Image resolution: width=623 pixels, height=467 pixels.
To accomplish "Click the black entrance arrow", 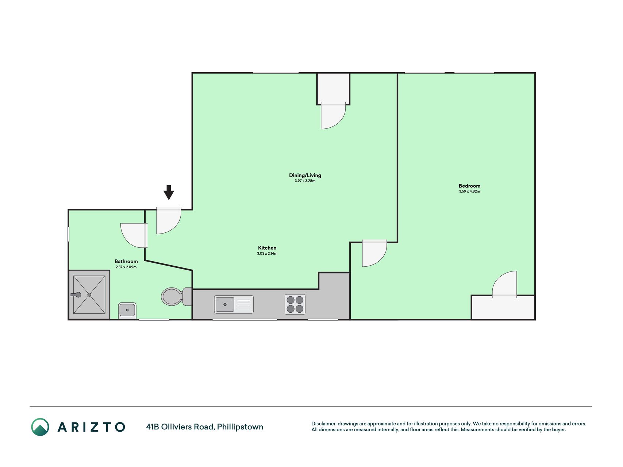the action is (169, 192).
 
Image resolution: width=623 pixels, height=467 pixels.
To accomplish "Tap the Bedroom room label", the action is (469, 186).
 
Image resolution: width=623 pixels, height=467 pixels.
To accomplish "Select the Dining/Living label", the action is (305, 175).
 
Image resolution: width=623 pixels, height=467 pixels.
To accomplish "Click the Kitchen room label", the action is (267, 248).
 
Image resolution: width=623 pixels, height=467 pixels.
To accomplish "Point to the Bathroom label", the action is (126, 261).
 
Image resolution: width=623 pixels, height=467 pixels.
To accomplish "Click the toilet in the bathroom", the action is (177, 297).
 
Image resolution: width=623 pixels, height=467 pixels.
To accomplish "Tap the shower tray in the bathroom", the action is (89, 295).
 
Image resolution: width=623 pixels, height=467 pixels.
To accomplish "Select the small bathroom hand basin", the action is (127, 310).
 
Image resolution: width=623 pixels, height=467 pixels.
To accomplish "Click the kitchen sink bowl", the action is (225, 304).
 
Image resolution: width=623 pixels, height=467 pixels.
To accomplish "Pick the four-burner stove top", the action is (295, 304).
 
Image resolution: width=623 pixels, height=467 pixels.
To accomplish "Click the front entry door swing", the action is (169, 220).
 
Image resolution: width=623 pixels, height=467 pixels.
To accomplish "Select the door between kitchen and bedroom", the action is (374, 253).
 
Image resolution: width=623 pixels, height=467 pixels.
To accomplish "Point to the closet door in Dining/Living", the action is (333, 116).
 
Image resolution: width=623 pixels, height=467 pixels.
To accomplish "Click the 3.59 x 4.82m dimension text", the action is (469, 191).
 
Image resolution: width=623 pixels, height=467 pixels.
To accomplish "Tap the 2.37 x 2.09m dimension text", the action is (126, 267).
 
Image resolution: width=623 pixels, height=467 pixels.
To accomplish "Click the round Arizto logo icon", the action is (40, 427).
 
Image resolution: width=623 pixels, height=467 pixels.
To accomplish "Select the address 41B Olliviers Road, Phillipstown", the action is (204, 427).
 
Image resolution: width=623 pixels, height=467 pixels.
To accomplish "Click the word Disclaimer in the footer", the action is (323, 424).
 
